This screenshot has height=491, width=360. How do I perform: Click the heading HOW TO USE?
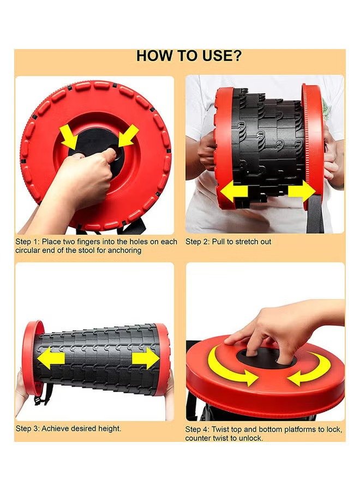189,56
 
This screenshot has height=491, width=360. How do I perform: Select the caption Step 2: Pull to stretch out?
228,242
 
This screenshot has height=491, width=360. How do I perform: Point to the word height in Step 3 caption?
110,428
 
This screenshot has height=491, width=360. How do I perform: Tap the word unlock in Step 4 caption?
251,438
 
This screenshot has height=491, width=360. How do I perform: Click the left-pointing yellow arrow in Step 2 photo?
234,191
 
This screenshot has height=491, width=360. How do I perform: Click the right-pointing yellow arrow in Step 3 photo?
146,358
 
